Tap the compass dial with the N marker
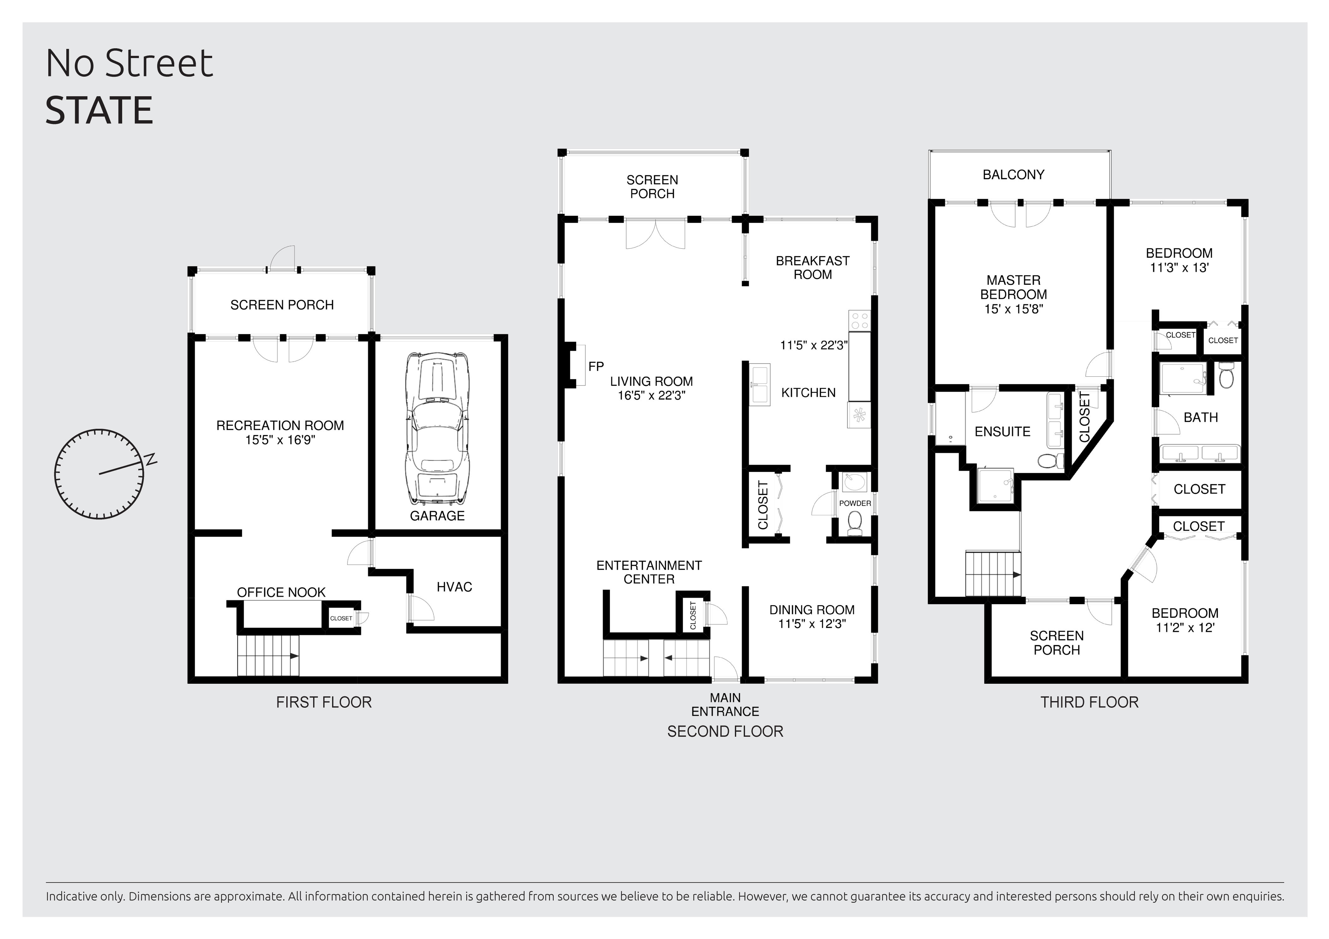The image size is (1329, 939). (99, 474)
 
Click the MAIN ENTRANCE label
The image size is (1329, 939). (725, 705)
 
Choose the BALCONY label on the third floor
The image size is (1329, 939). (1014, 175)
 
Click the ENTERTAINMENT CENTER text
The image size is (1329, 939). (649, 572)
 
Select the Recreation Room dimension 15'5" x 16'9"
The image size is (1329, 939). (280, 440)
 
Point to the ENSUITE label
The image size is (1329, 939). (1003, 432)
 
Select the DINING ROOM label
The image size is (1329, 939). (812, 610)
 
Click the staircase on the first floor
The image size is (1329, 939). (268, 656)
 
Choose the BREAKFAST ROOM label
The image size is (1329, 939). (813, 268)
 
